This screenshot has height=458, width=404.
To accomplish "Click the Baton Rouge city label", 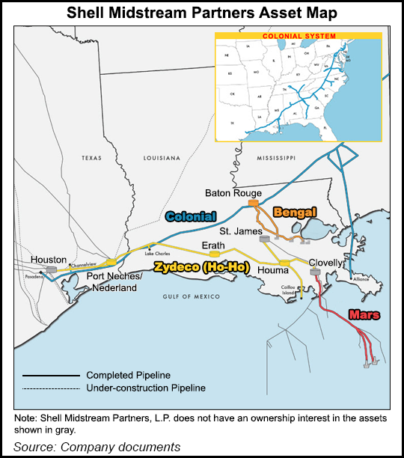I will (233, 193).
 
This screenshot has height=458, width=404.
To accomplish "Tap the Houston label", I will (49, 259).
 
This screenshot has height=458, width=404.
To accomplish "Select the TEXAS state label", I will (96, 158).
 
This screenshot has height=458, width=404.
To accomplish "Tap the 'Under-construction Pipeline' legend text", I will (145, 388).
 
